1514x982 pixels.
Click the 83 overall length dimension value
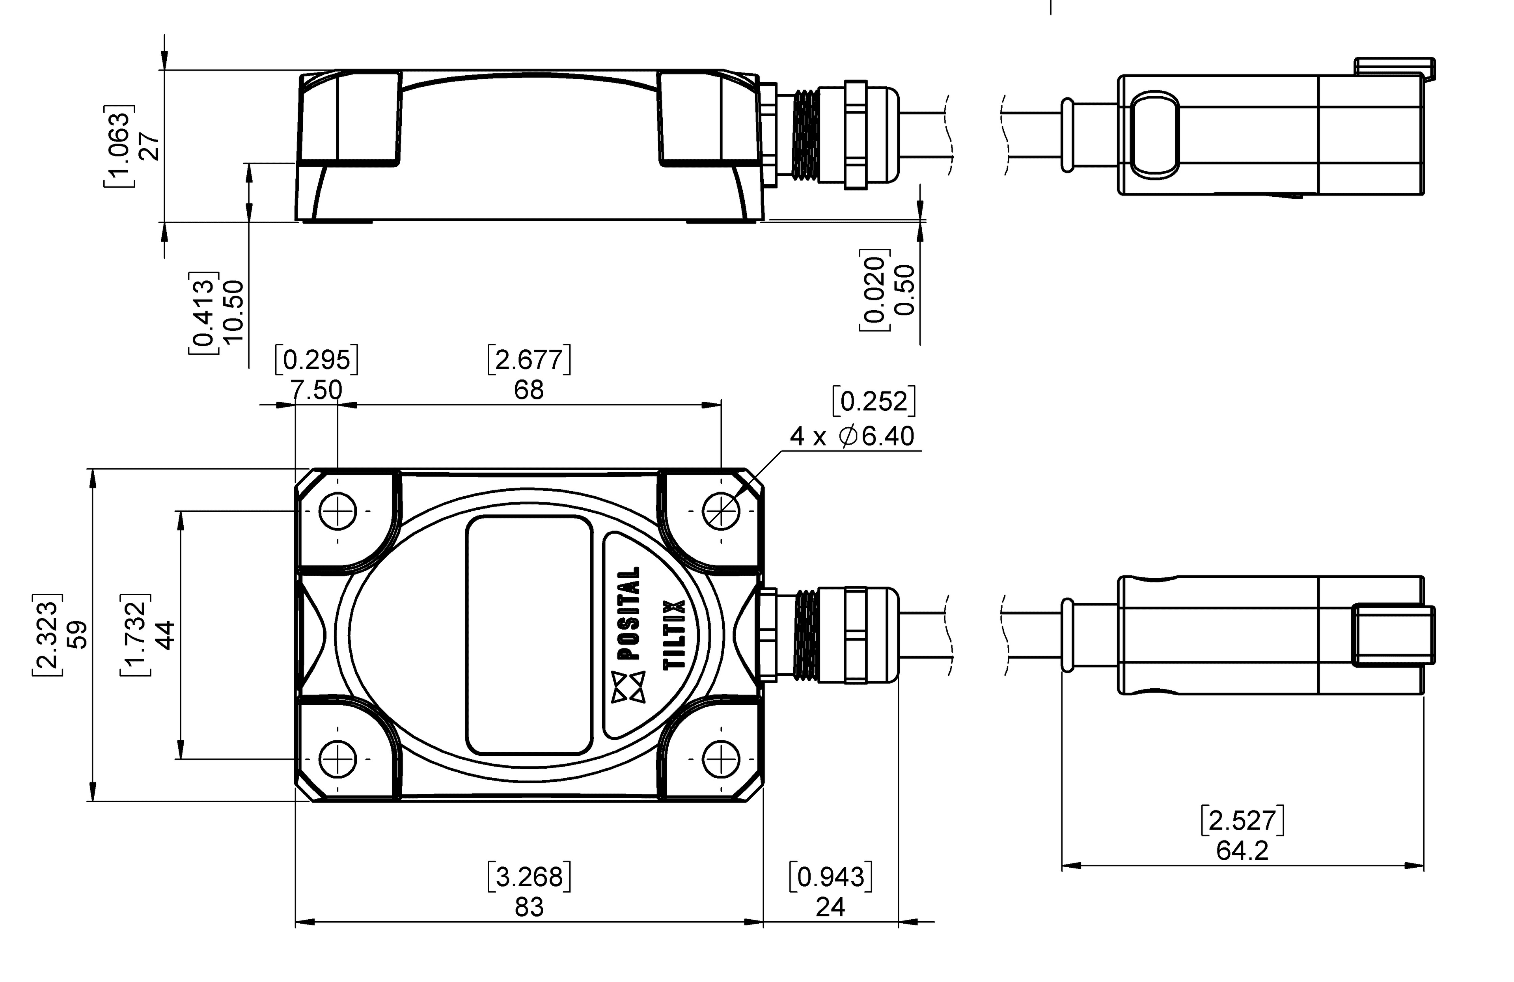[529, 907]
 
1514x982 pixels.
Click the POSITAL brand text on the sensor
[628, 613]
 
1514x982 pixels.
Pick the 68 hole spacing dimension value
[529, 390]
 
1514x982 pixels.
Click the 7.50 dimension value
[316, 390]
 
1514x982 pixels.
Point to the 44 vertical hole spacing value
[165, 634]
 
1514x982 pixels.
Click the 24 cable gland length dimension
[830, 907]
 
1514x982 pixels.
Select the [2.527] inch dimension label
[1242, 820]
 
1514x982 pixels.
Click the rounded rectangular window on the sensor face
[529, 635]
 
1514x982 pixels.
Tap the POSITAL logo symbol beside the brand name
[628, 687]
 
